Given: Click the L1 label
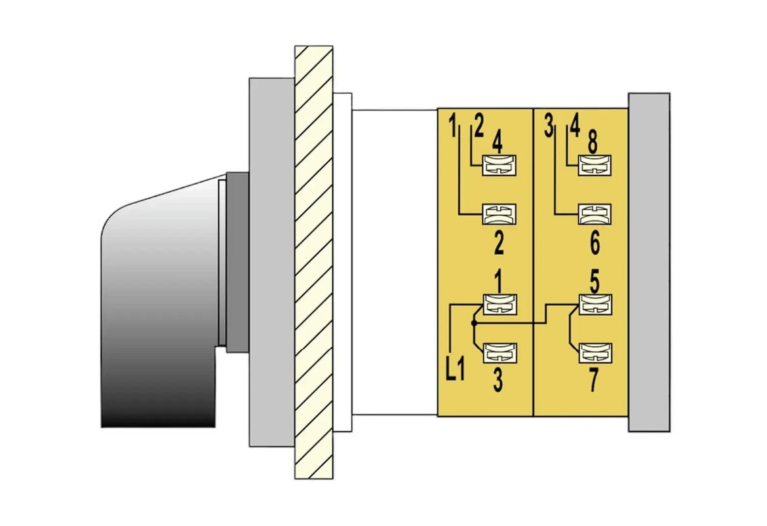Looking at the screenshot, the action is [x=456, y=370].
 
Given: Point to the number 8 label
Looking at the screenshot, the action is [x=593, y=143].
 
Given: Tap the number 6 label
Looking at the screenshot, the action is [x=595, y=243].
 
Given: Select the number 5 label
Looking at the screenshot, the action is [x=595, y=282].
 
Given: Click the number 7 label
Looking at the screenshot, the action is [x=593, y=380].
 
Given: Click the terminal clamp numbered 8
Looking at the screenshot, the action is [x=595, y=165].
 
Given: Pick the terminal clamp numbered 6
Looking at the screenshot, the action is [x=595, y=214].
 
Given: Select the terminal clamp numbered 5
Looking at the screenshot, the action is [x=595, y=304].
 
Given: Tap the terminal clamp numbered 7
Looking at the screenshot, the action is [x=595, y=353].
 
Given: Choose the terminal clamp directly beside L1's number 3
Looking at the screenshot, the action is [x=500, y=353].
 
